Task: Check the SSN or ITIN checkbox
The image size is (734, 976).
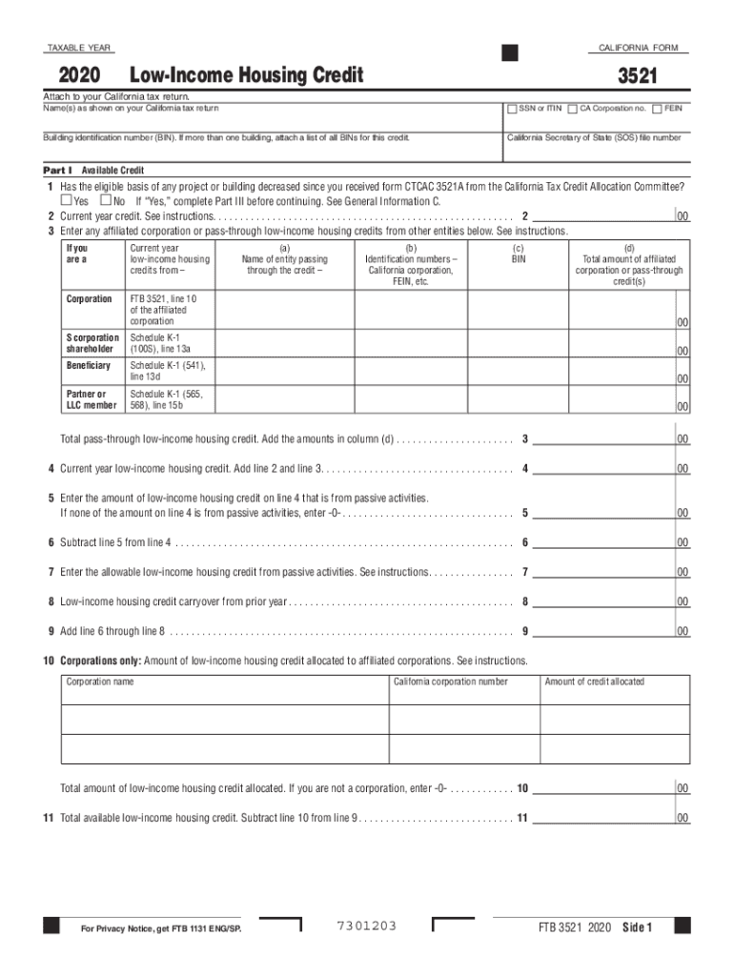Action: (x=512, y=108)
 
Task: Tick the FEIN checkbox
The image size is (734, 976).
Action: (x=658, y=108)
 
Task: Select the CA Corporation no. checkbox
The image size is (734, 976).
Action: (x=572, y=108)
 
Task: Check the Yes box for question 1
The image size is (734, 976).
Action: (x=66, y=201)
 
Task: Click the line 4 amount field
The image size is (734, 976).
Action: (x=602, y=468)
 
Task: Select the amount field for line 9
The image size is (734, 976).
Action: (x=602, y=630)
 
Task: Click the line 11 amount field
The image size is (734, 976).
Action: (x=602, y=818)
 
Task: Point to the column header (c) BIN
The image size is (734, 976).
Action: (x=518, y=253)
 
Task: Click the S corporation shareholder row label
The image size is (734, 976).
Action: (x=92, y=343)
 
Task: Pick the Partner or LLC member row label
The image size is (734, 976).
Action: (x=92, y=398)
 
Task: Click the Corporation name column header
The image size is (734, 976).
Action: (x=100, y=681)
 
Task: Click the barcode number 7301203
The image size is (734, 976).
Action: (x=367, y=926)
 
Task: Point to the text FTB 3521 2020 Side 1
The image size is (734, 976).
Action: (x=595, y=927)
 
